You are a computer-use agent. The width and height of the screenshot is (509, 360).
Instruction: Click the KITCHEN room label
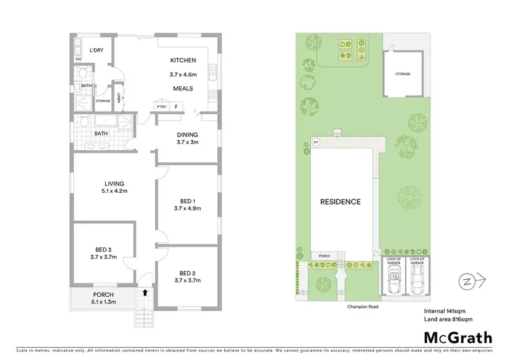coord(183,60)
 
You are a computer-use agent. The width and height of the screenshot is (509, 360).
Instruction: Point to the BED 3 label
coord(103,248)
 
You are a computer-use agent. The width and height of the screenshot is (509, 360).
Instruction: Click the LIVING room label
coord(113,183)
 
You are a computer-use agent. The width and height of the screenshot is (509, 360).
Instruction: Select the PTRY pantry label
coord(162,107)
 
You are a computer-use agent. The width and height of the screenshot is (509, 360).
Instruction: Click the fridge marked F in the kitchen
coord(176,107)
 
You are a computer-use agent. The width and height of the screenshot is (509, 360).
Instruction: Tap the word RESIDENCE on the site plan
coord(341,202)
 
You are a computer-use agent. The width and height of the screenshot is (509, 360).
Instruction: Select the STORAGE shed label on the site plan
coord(404,74)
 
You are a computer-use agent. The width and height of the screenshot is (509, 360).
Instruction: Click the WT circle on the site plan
coord(316,142)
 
